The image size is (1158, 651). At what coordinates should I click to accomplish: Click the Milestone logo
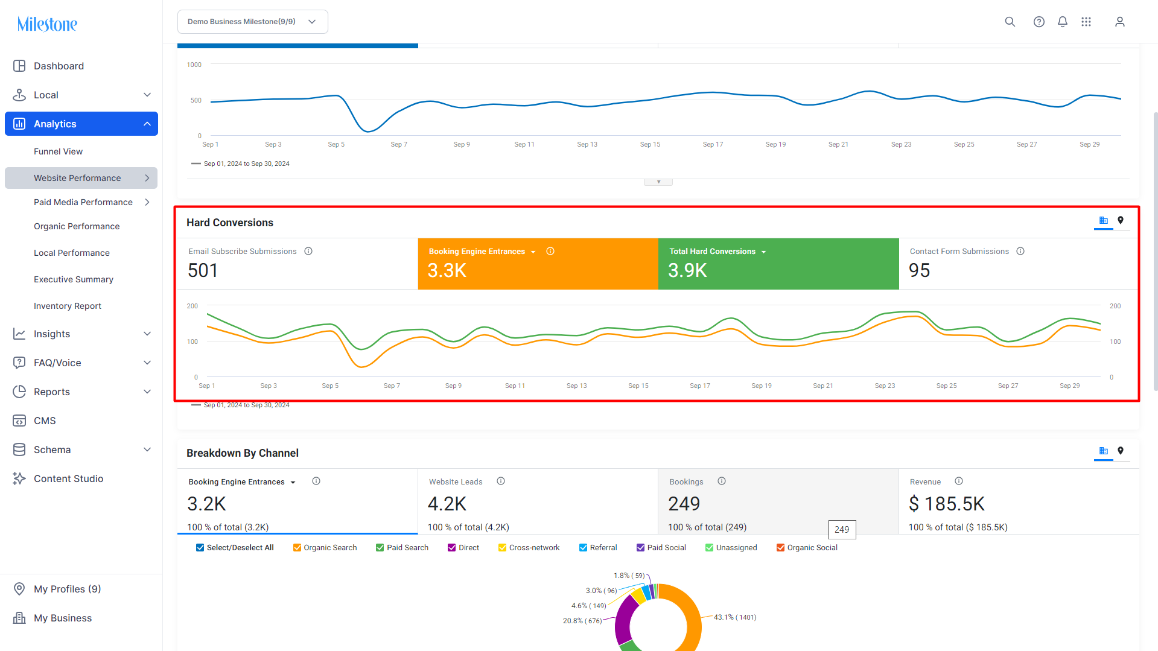point(47,24)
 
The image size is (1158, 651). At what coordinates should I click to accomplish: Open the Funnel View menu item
point(58,151)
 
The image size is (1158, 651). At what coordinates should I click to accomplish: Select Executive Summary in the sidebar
point(74,279)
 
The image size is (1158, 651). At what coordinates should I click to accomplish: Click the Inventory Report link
point(68,306)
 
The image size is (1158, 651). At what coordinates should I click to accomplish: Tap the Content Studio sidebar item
point(68,478)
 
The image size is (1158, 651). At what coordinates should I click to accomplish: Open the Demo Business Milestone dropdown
point(253,22)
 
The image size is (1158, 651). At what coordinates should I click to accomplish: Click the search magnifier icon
point(1010,22)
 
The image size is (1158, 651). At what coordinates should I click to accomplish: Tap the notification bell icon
point(1063,22)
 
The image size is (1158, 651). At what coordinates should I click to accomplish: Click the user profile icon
point(1120,22)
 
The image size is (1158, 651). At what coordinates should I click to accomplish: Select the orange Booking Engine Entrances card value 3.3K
point(447,270)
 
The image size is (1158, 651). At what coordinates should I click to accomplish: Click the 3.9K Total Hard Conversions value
point(687,270)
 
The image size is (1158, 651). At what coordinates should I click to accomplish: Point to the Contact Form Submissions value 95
point(920,270)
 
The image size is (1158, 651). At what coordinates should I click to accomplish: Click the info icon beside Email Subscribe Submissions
point(308,251)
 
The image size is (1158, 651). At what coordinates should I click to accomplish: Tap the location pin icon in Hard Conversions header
point(1121,220)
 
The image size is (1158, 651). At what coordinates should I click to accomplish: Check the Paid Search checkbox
point(380,548)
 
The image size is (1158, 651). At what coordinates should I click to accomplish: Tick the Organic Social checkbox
point(781,548)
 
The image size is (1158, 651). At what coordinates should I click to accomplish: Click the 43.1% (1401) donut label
point(735,617)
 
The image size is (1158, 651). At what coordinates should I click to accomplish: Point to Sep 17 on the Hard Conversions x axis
point(700,386)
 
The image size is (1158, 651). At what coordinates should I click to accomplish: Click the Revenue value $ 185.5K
point(947,504)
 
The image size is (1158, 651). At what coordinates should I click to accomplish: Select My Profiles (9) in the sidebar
point(68,589)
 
